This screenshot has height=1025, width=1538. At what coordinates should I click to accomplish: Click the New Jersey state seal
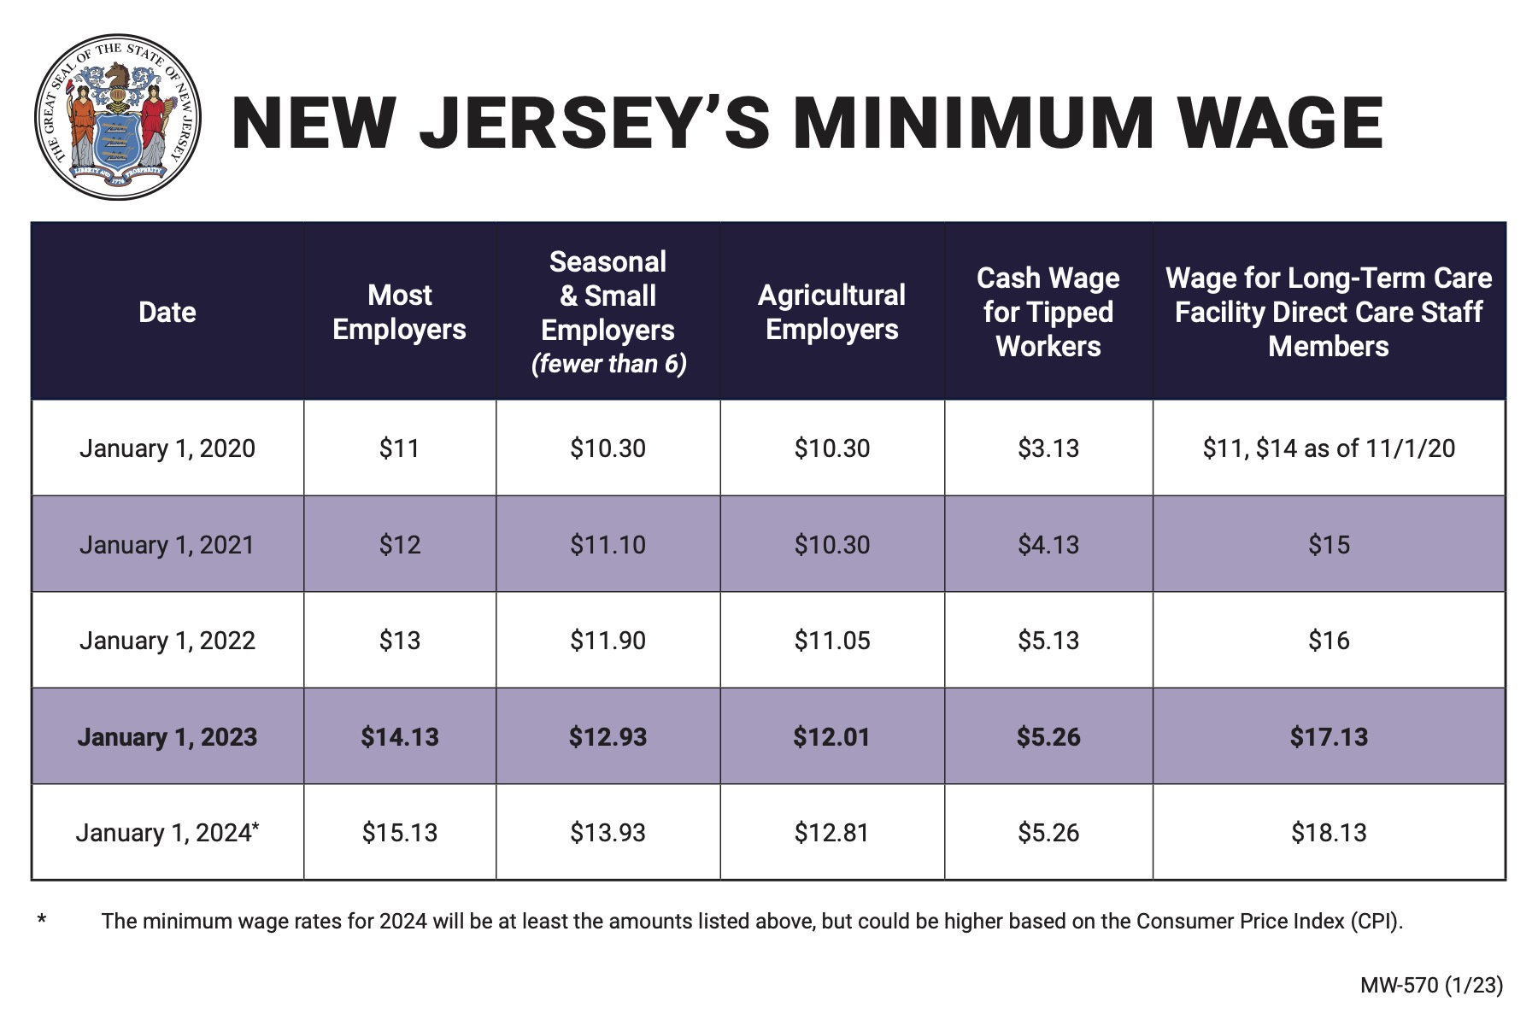[x=118, y=118]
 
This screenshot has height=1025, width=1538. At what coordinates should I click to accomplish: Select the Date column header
[x=167, y=312]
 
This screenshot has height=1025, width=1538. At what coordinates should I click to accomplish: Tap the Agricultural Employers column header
[x=831, y=312]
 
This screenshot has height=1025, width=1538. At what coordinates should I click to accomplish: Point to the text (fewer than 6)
[x=608, y=365]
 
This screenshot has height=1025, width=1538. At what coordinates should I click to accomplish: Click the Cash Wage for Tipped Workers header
[x=1048, y=312]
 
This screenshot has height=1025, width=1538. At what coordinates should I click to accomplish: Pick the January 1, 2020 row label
[x=167, y=448]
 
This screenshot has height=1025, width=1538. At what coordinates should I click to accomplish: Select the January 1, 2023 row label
[x=167, y=737]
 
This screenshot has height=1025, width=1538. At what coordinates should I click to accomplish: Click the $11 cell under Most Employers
[x=399, y=448]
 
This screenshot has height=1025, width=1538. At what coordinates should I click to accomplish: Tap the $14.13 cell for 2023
[x=399, y=737]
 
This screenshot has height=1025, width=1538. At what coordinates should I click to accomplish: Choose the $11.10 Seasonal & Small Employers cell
[x=608, y=545]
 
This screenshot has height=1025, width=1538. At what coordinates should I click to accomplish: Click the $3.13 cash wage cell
[x=1048, y=448]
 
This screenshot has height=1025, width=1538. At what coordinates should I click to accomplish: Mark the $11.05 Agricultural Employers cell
[x=831, y=641]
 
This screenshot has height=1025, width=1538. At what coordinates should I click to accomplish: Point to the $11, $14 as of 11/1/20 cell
[x=1329, y=448]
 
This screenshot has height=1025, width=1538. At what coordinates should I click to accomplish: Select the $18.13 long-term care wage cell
[x=1329, y=833]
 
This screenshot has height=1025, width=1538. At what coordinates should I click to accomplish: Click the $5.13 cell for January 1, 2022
[x=1048, y=641]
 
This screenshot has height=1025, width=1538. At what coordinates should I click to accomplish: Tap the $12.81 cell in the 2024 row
[x=831, y=833]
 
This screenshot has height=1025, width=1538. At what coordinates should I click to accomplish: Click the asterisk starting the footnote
[x=42, y=920]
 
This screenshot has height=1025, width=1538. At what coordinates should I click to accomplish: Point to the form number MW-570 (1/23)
[x=1431, y=985]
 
